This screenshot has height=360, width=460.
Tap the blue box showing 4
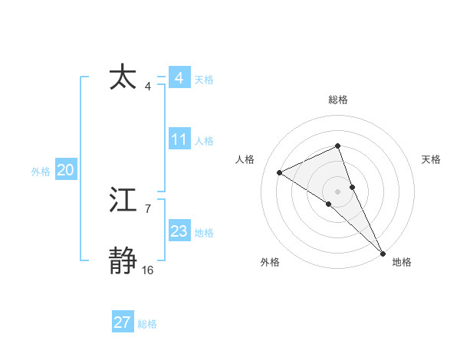point(179,78)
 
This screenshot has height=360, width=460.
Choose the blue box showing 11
point(179,139)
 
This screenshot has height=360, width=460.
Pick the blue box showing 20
point(65,170)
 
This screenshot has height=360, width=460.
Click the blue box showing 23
point(179,231)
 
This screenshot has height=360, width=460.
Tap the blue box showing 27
point(122,322)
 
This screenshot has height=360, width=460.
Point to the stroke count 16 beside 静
point(148,270)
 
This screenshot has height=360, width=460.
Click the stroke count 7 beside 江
point(147,208)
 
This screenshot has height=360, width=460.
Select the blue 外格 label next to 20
point(41,172)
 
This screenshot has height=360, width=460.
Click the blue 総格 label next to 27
point(147,324)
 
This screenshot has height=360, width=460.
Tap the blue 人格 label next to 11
point(204,141)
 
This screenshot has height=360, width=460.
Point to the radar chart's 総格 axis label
point(338,100)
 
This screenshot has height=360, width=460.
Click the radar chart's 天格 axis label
point(432,159)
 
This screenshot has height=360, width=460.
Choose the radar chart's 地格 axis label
point(402,262)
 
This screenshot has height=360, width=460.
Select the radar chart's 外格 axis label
point(270,262)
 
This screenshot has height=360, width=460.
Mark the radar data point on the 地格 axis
point(383,253)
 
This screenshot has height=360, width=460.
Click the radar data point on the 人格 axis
point(280,172)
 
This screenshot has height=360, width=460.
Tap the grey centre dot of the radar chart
point(337,191)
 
